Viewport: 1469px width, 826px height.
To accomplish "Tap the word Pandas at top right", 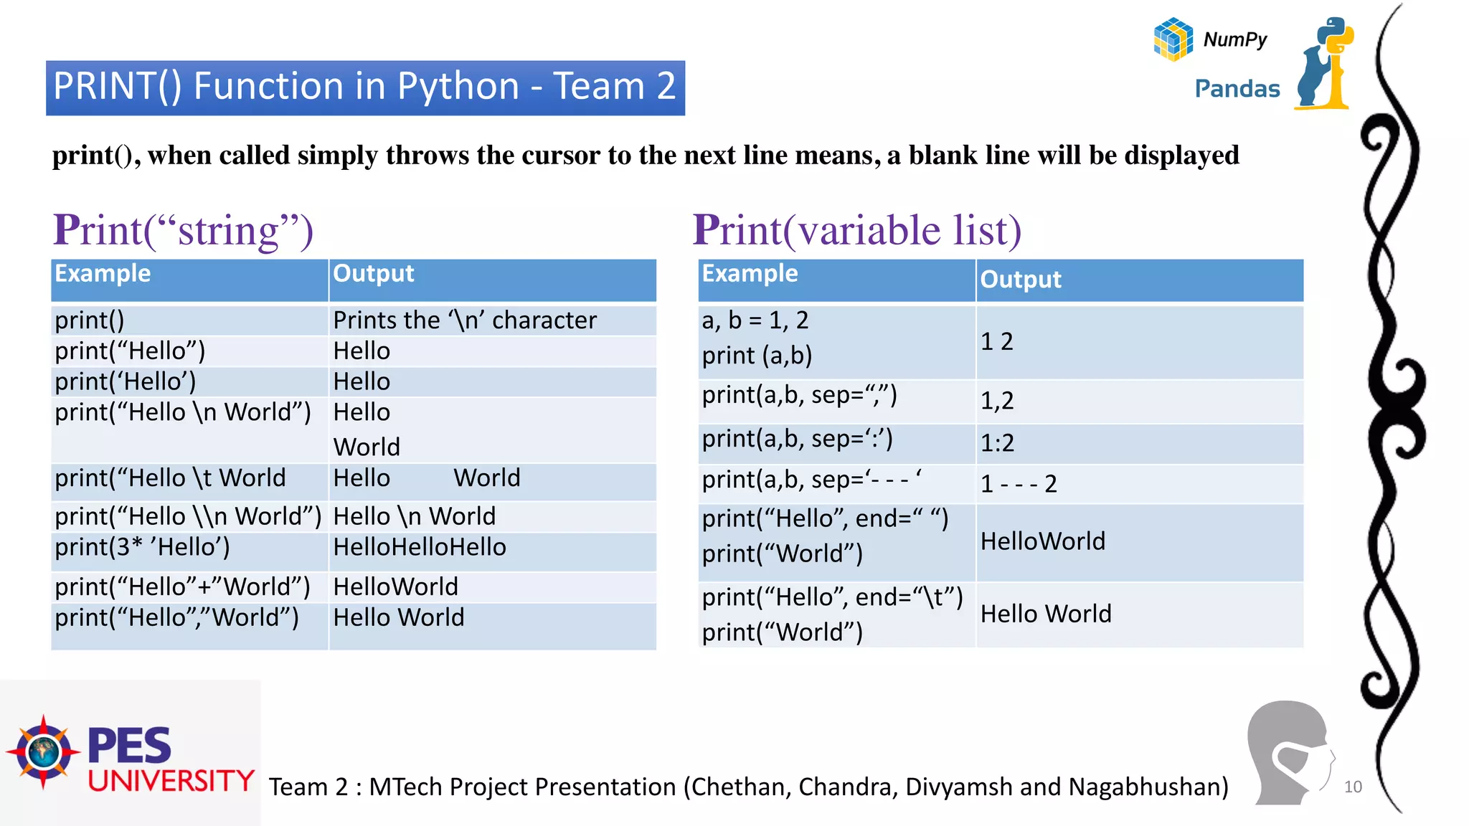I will (x=1237, y=89).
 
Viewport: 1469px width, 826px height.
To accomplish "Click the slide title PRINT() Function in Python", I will (x=364, y=87).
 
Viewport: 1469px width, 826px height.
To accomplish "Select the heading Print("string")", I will (x=184, y=230).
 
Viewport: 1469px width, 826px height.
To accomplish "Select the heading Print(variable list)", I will (x=856, y=230).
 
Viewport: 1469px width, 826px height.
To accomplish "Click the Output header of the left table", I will (x=374, y=274).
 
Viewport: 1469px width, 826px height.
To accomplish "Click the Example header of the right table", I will (x=750, y=274).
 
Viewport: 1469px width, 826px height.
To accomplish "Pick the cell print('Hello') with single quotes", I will (x=126, y=381).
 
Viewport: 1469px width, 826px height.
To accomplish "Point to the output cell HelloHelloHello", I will (x=420, y=547).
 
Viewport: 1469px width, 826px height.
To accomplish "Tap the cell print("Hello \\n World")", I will (x=188, y=516).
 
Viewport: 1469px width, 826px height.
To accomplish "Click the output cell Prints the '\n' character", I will (x=465, y=320).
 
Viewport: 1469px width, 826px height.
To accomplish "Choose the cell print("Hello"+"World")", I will (x=182, y=587).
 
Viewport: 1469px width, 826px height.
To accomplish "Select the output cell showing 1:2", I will (x=997, y=443).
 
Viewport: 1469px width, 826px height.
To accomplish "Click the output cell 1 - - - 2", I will (x=1019, y=484).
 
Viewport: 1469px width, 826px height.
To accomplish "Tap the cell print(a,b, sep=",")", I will (x=799, y=395).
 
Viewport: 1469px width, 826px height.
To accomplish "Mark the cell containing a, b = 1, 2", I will (x=755, y=320).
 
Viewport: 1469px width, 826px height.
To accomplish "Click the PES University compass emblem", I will (x=44, y=751).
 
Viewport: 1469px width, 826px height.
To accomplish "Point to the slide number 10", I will (x=1353, y=787).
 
